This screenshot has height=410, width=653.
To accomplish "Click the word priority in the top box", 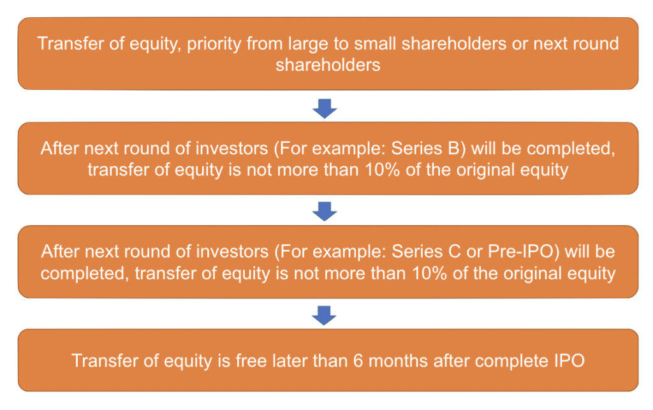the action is point(214,45).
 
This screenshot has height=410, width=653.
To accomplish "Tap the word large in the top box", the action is point(304,45).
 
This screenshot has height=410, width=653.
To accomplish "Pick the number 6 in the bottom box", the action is point(358,361).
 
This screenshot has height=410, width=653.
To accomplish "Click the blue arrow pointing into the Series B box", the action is point(325,108).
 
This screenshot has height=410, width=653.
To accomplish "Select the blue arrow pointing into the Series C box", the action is point(325,212).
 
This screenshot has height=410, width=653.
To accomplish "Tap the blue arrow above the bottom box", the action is point(324,316).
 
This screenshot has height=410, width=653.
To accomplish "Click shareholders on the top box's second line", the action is point(328,65).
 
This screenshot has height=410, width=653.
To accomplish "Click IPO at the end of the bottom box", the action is point(569,361).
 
